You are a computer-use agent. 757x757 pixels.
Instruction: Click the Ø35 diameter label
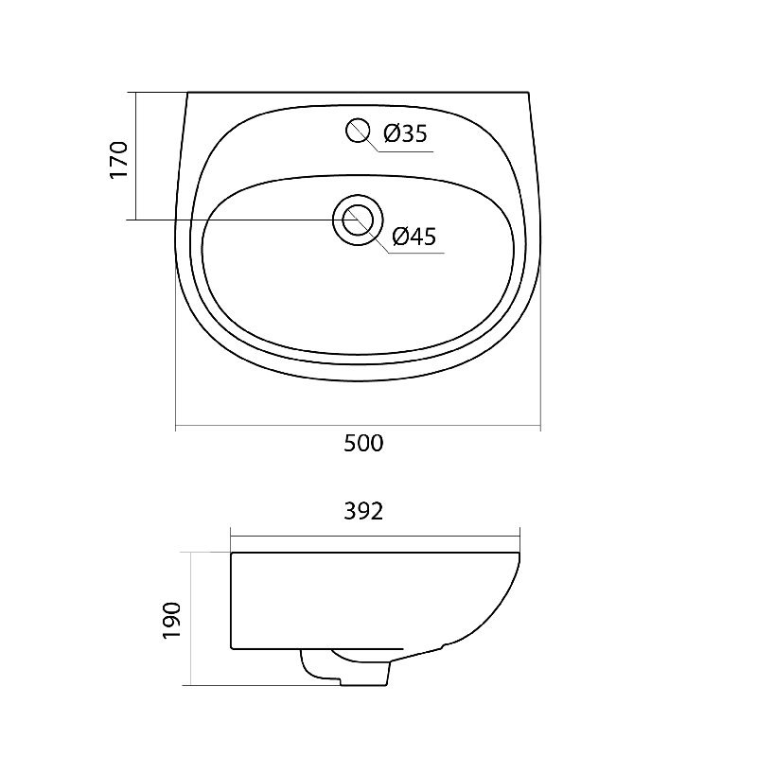[x=406, y=133]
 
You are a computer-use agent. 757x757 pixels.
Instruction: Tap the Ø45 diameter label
[x=414, y=236]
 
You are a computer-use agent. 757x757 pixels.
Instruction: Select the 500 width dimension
[x=363, y=443]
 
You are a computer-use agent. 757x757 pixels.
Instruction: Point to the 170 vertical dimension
[x=119, y=160]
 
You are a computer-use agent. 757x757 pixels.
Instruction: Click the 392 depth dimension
[x=363, y=512]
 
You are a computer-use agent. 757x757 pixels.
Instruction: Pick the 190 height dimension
[x=171, y=621]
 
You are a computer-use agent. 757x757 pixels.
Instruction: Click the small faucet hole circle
[x=358, y=131]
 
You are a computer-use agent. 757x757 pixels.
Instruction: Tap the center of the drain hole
[x=358, y=220]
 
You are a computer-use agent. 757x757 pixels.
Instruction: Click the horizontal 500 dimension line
[x=358, y=427]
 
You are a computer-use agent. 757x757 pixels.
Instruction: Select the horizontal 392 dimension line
[x=375, y=536]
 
